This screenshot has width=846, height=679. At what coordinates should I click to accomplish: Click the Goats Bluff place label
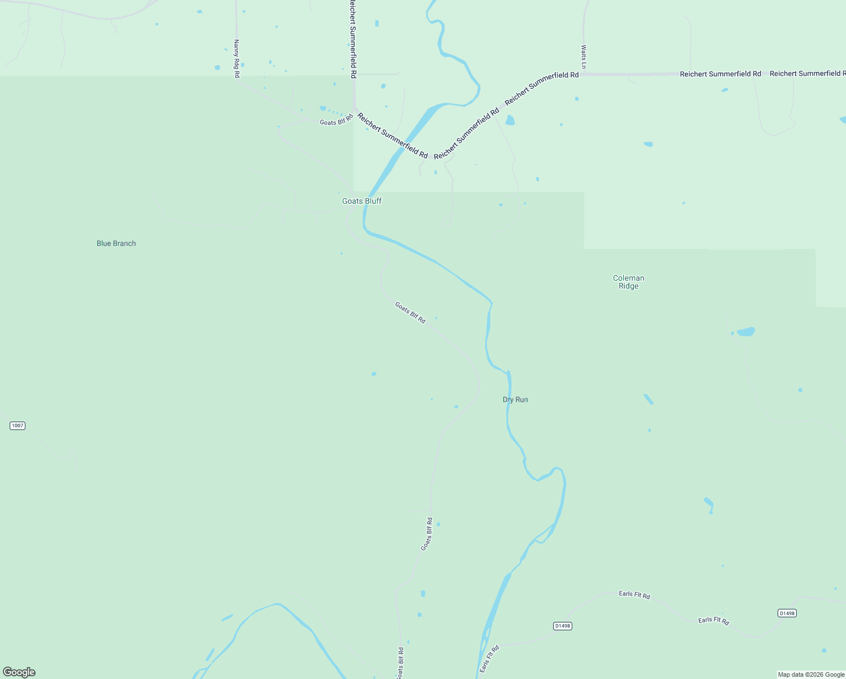(362, 201)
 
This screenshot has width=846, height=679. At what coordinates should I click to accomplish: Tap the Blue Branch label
(116, 243)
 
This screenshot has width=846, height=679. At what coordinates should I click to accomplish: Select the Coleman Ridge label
(628, 282)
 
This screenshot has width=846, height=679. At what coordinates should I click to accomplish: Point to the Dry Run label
(515, 399)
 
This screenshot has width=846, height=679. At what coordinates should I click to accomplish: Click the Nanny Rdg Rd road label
(237, 58)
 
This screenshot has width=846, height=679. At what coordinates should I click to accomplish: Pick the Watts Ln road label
(584, 57)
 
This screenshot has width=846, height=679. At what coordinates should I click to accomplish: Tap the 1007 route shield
(18, 426)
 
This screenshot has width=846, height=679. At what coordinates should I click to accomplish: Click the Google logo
(19, 672)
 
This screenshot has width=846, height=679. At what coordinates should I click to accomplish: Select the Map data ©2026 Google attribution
(811, 674)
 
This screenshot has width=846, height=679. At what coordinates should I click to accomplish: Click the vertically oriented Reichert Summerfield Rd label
(352, 38)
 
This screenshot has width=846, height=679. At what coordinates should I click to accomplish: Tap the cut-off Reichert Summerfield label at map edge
(808, 74)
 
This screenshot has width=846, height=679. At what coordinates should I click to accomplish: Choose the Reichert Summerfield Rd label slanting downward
(392, 135)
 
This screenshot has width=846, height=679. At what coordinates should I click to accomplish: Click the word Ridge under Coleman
(628, 286)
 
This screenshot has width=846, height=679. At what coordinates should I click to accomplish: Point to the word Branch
(124, 243)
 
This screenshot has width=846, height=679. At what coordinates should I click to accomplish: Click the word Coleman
(628, 278)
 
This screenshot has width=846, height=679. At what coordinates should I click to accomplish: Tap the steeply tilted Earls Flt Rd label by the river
(489, 659)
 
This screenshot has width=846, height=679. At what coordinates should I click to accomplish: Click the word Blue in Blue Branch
(103, 243)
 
